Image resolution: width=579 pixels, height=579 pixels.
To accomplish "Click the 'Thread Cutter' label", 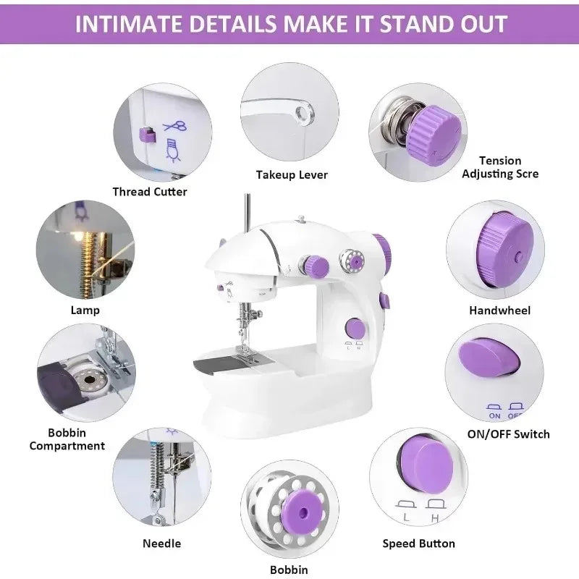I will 150,192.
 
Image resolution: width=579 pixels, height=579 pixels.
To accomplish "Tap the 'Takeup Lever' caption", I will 292,174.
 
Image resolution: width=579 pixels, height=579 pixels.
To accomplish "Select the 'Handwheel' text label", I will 500,310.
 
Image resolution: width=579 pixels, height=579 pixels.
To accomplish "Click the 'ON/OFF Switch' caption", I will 508,434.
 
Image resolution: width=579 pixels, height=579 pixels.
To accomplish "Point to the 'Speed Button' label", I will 418,543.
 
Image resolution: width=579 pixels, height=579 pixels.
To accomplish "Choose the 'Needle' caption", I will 162,543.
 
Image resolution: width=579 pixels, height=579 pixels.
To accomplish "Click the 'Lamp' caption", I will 85,310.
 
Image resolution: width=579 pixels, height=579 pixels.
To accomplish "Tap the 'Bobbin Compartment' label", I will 67,439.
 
